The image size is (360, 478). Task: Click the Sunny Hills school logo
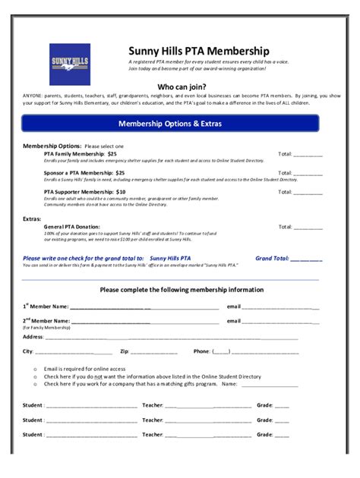coord(70,64)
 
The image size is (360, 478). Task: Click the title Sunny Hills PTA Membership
coord(199,50)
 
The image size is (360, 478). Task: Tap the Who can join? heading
coord(181,86)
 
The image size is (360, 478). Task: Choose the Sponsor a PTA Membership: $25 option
coord(84,173)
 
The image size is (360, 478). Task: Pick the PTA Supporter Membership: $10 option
coord(85,192)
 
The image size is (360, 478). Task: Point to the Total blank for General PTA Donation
coord(308,227)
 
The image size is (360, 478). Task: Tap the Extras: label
coord(31,219)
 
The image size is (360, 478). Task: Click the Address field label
coord(33,336)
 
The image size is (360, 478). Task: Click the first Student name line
coord(91,405)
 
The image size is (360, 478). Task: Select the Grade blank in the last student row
coord(282,435)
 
